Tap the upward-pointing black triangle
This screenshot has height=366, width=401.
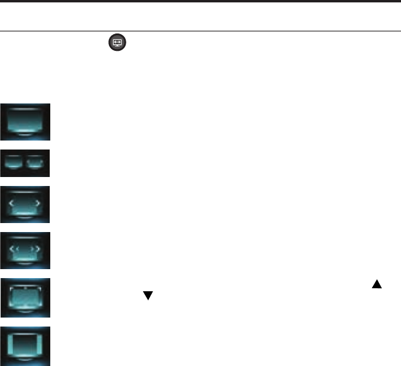tap(376, 284)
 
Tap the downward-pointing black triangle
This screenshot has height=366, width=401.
tap(145, 295)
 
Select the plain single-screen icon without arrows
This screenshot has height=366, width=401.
tap(25, 120)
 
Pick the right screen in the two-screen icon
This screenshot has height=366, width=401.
tap(36, 162)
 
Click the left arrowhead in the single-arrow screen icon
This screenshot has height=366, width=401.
tap(11, 204)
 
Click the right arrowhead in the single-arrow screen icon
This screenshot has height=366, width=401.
tap(39, 204)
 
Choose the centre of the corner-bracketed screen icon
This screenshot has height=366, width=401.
tap(25, 297)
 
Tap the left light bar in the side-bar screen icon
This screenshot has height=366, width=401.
tap(10, 345)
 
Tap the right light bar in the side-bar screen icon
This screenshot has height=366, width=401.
tap(40, 345)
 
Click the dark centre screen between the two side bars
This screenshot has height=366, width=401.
tap(25, 345)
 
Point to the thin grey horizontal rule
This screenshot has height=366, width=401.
tap(200, 31)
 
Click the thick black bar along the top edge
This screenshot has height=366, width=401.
tap(200, 2)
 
